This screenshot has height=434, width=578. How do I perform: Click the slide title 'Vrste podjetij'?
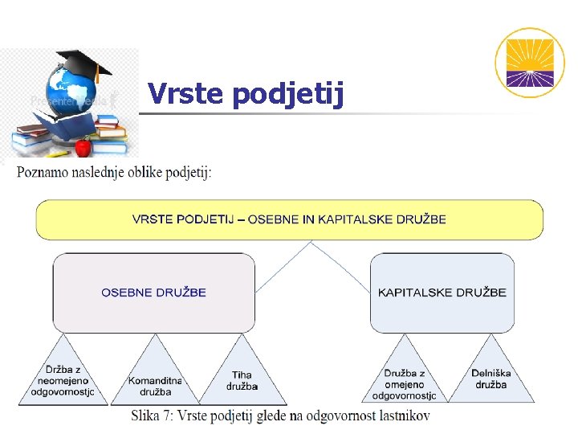[x=246, y=95]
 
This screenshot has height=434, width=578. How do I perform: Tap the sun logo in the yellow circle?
[x=529, y=63]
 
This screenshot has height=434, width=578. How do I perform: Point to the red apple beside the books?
[x=83, y=147]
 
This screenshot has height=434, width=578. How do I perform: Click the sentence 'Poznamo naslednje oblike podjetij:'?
[x=114, y=172]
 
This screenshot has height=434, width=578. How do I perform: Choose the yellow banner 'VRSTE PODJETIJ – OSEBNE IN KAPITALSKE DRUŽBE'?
[x=289, y=219]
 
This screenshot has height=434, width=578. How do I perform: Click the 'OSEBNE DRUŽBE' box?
[x=153, y=293]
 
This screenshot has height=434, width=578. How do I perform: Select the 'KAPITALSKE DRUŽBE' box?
[x=442, y=293]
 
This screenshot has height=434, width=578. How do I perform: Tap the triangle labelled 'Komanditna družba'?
[x=156, y=381]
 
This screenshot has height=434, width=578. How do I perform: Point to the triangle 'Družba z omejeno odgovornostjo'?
[x=404, y=379]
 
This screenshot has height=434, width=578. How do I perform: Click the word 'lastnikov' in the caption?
[x=404, y=416]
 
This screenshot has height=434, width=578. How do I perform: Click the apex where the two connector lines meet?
[x=311, y=243]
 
